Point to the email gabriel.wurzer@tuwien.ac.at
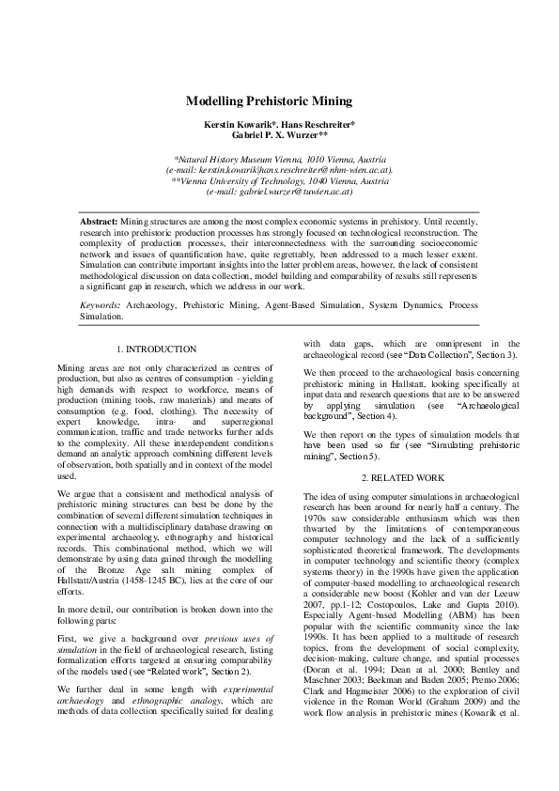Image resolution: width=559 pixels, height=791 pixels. point(281,191)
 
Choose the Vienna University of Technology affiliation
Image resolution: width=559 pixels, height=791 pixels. point(283,180)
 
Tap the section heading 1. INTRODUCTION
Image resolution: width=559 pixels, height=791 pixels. point(163,349)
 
